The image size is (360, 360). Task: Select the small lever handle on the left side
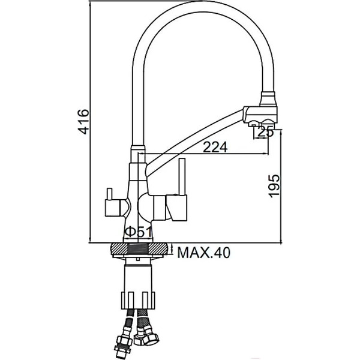point(112,205)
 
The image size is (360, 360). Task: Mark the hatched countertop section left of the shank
point(118,250)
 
